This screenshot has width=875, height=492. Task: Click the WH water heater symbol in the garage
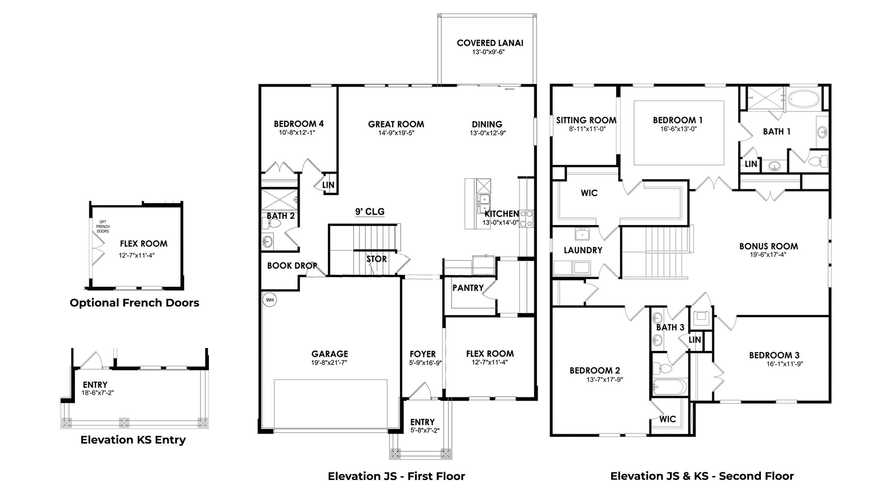[269, 300]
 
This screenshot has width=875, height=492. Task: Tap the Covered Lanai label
[490, 43]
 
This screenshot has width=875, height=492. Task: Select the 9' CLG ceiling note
[370, 211]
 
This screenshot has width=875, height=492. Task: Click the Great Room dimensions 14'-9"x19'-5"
[396, 133]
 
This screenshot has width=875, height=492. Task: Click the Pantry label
[468, 288]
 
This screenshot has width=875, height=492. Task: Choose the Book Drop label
[292, 266]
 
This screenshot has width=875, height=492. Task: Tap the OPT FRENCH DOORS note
[103, 226]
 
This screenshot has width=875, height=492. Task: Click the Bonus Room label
[768, 246]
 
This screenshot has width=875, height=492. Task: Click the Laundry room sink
[582, 234]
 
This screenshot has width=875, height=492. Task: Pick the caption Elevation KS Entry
[133, 440]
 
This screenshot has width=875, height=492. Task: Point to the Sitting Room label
[586, 120]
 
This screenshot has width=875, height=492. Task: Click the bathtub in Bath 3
[669, 387]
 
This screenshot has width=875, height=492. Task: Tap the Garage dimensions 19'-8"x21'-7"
[329, 363]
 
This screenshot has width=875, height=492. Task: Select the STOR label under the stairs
[376, 259]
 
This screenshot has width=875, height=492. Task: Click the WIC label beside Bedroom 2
[667, 419]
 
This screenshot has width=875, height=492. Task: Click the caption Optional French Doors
[134, 303]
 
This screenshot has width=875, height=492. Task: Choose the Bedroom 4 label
[299, 124]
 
